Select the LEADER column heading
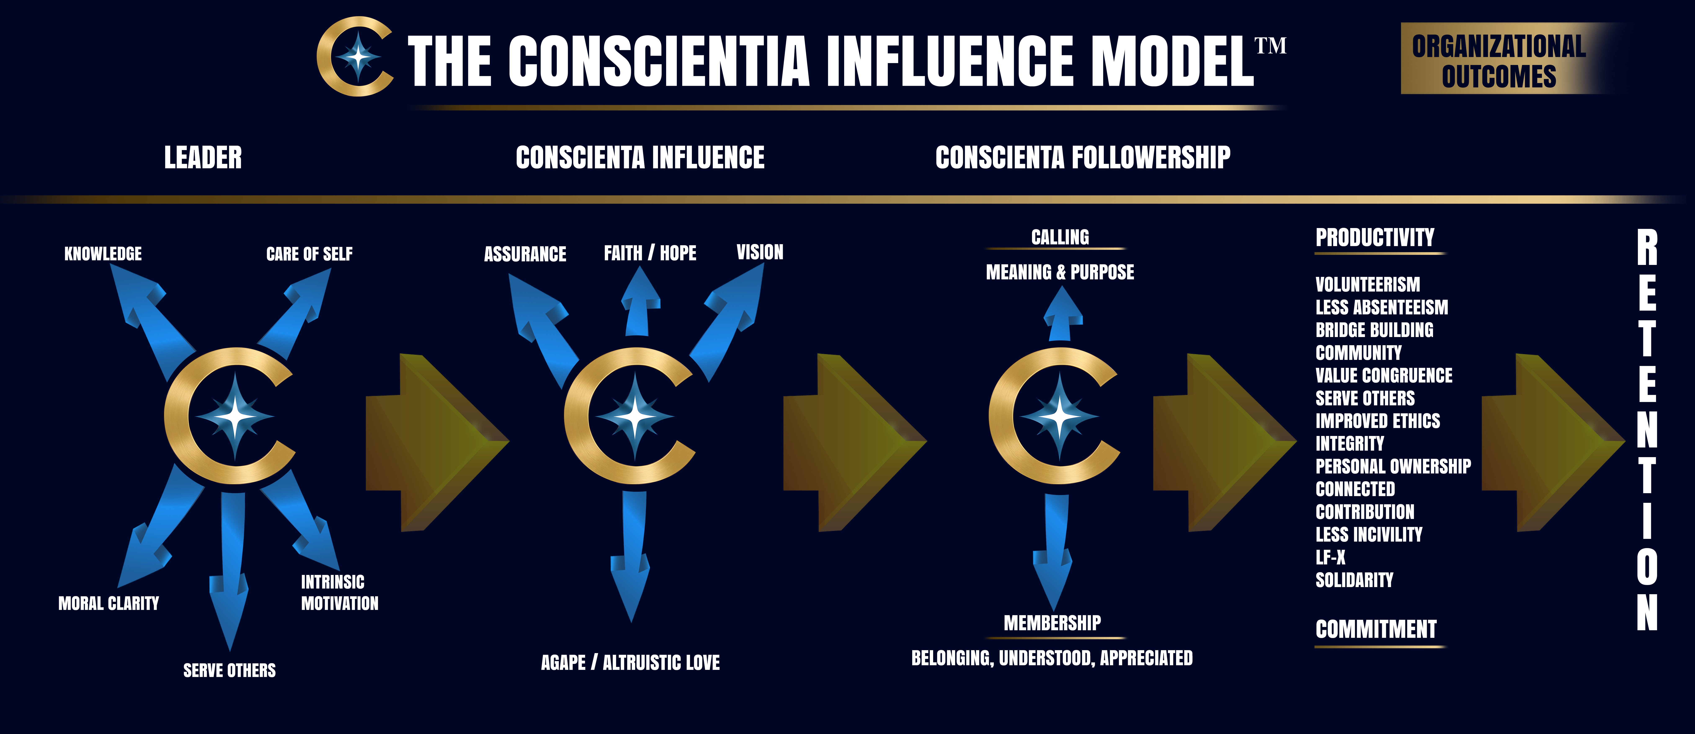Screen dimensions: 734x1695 [203, 158]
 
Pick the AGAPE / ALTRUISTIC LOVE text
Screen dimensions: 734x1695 [630, 662]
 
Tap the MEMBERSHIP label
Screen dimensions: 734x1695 [1052, 623]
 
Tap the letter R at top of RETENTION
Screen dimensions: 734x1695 [1647, 248]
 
